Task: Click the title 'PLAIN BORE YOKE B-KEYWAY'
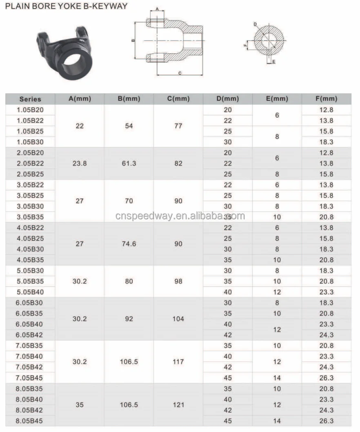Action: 66,6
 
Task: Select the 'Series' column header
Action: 30,99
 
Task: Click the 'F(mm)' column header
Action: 326,99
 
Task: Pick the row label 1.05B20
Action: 30,110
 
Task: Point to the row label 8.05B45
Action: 30,421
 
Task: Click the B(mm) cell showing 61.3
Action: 129,163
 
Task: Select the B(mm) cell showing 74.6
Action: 129,244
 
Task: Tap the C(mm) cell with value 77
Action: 178,126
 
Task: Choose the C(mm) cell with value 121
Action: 178,405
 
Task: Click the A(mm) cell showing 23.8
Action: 80,163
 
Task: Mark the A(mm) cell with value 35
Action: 80,405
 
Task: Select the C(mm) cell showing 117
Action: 178,361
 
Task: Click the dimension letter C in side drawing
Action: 180,73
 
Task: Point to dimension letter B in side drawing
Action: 133,40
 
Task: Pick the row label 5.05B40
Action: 30,292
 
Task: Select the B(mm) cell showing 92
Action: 129,319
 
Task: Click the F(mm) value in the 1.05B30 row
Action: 326,142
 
